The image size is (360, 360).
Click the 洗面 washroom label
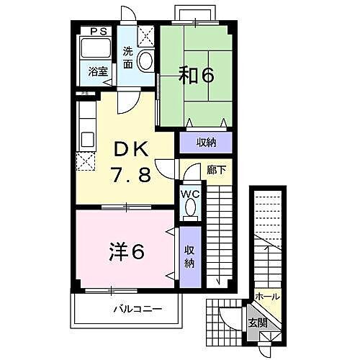(x=127, y=58)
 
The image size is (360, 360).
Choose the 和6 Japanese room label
(x=195, y=75)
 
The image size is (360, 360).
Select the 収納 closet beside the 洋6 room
(x=189, y=256)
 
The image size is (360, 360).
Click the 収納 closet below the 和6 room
(x=205, y=143)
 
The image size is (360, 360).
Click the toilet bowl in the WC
(x=191, y=207)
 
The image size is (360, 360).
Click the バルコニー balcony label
(x=137, y=310)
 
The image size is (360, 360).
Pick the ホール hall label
(x=267, y=297)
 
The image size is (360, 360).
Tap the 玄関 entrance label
(x=257, y=321)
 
